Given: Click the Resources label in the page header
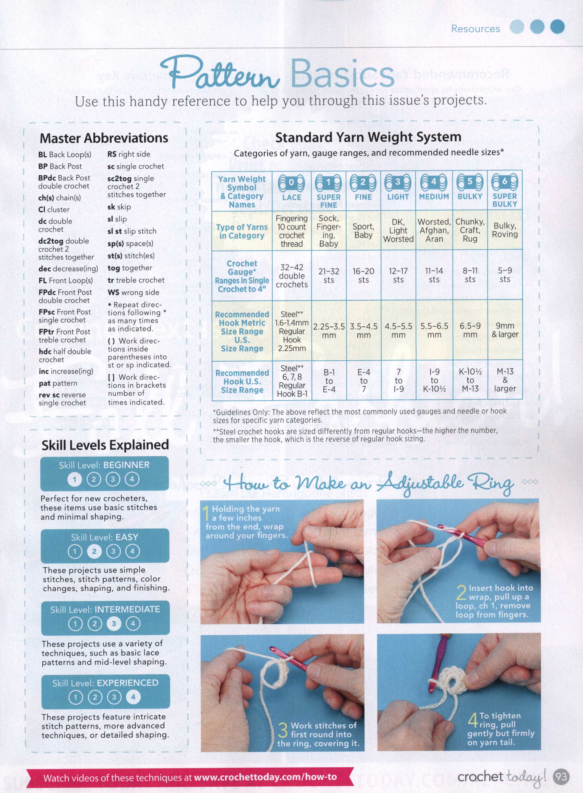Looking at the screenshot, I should click(475, 29).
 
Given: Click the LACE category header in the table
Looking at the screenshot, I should click(291, 197).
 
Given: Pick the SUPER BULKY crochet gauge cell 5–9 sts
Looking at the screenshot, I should click(505, 275).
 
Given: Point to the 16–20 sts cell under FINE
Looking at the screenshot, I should click(363, 275).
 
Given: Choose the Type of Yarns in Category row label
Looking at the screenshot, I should click(242, 231).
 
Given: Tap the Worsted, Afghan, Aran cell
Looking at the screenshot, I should click(434, 230).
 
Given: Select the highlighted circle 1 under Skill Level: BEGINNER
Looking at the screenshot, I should click(75, 479).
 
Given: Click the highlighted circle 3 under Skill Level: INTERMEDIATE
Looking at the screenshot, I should click(114, 624).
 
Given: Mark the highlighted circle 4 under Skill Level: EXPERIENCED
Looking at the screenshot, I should click(133, 697).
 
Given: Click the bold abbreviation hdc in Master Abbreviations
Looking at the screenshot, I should click(44, 351).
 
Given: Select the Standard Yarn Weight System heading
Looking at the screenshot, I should click(368, 137).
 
